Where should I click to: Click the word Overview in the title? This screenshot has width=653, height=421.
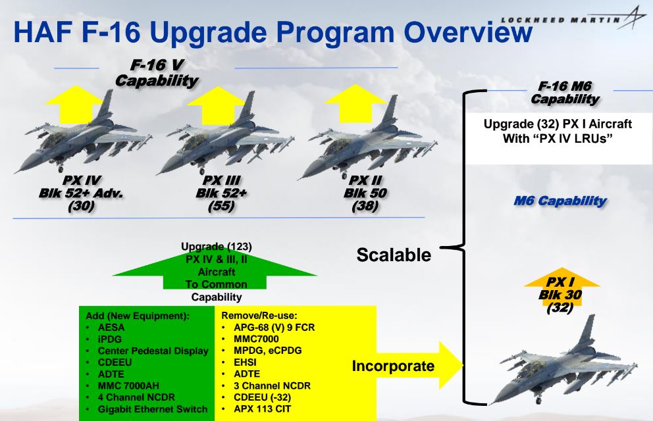click(468, 32)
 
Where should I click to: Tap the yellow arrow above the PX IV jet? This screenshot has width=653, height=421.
click(74, 104)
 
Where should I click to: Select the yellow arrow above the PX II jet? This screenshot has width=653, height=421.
click(355, 103)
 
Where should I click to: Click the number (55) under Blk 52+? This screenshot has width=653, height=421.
click(221, 206)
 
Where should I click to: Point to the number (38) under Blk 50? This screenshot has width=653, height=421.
click(365, 206)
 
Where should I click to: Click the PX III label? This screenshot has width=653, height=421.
click(221, 180)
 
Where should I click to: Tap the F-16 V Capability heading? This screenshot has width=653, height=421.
click(157, 73)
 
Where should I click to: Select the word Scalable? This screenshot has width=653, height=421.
click(394, 255)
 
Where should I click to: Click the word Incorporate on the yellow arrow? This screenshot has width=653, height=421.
click(393, 366)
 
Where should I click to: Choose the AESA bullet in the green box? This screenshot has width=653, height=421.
click(111, 328)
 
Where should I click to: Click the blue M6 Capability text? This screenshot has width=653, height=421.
click(560, 201)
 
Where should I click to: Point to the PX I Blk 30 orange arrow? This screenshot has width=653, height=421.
click(561, 287)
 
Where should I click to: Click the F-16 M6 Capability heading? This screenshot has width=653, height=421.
click(565, 92)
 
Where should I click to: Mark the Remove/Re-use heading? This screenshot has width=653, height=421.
click(259, 316)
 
